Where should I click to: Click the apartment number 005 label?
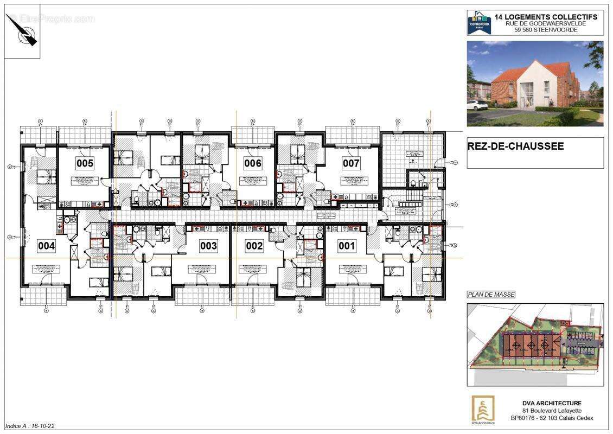[85, 163]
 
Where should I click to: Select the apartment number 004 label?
[46, 246]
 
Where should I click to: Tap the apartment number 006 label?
[252, 163]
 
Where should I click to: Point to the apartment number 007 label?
[351, 163]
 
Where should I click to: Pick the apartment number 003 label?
[208, 246]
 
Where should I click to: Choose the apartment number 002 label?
[254, 246]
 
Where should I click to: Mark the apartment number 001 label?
[347, 246]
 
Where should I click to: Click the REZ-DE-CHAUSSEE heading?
[508, 146]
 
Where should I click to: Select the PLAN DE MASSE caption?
[491, 295]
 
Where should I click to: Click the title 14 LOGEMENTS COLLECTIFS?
[546, 17]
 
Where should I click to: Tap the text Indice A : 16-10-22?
[30, 426]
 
